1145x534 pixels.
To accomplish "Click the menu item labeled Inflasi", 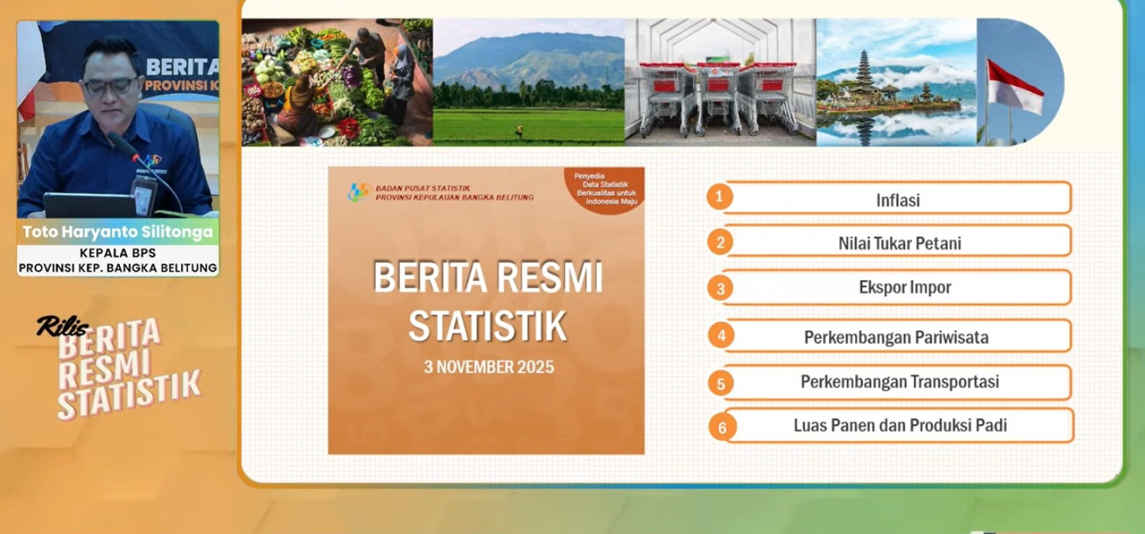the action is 898,198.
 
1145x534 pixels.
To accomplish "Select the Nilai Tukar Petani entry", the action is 898,241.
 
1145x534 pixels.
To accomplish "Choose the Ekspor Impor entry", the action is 898,287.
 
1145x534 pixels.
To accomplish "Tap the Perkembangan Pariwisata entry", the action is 898,336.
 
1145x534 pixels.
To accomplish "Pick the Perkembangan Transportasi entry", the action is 898,381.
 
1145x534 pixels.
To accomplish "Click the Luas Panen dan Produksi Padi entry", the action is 900,425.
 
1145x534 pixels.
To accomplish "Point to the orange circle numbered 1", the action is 720,196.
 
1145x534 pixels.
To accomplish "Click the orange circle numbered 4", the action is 721,335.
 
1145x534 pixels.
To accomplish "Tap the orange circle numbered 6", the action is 722,427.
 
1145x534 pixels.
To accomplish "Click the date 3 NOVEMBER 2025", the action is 489,367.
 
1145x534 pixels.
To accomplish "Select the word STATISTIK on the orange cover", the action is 488,326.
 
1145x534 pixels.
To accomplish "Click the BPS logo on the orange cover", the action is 359,192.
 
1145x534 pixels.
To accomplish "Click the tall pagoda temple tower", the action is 863,74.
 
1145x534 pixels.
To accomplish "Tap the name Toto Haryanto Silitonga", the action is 118,232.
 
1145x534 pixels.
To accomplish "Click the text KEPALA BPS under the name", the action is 118,253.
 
